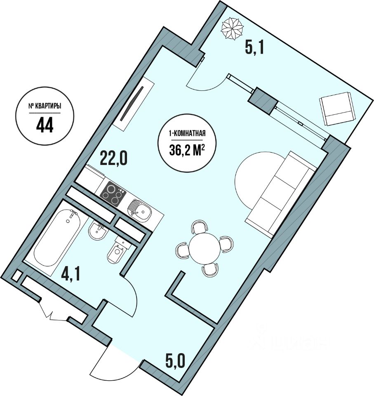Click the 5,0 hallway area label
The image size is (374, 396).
[175, 363]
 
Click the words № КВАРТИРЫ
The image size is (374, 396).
[45, 106]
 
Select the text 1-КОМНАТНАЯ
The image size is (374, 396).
[187, 133]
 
